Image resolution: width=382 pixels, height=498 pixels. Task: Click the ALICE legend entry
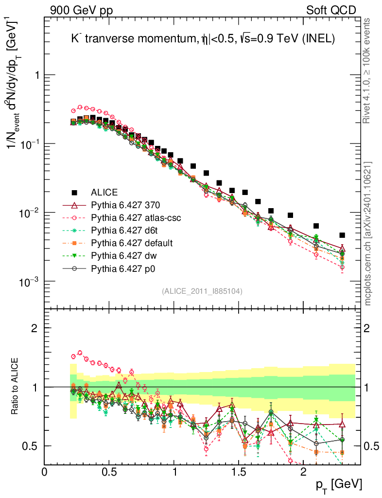coord(104,192)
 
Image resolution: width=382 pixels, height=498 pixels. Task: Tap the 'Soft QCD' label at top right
coord(331,10)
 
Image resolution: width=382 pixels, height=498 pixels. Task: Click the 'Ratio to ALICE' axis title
coord(16,386)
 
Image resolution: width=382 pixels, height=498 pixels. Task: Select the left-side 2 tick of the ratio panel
coord(35,328)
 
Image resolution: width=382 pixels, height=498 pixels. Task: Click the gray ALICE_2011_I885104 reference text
coord(202,291)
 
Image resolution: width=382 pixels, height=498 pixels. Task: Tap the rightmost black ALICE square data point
coord(342,235)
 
